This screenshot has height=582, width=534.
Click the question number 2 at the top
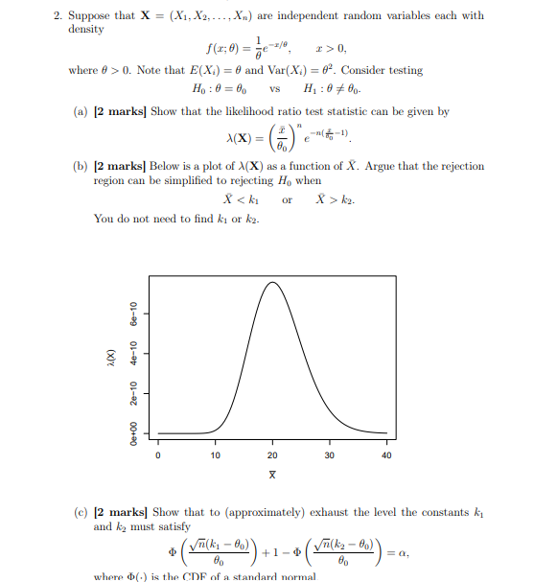[58, 15]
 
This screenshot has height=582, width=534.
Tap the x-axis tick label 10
[215, 455]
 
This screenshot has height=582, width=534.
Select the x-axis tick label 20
[272, 455]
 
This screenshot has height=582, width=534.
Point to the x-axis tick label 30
[329, 455]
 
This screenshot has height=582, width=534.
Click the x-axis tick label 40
[386, 455]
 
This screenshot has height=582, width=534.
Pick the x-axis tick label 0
[158, 455]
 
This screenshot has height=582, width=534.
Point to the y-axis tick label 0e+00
[135, 433]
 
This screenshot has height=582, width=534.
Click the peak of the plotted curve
[273, 283]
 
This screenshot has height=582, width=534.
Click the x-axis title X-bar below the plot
[272, 474]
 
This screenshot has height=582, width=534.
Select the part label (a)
[83, 112]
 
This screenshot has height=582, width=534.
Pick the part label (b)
[83, 166]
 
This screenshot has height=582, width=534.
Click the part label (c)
[83, 513]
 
